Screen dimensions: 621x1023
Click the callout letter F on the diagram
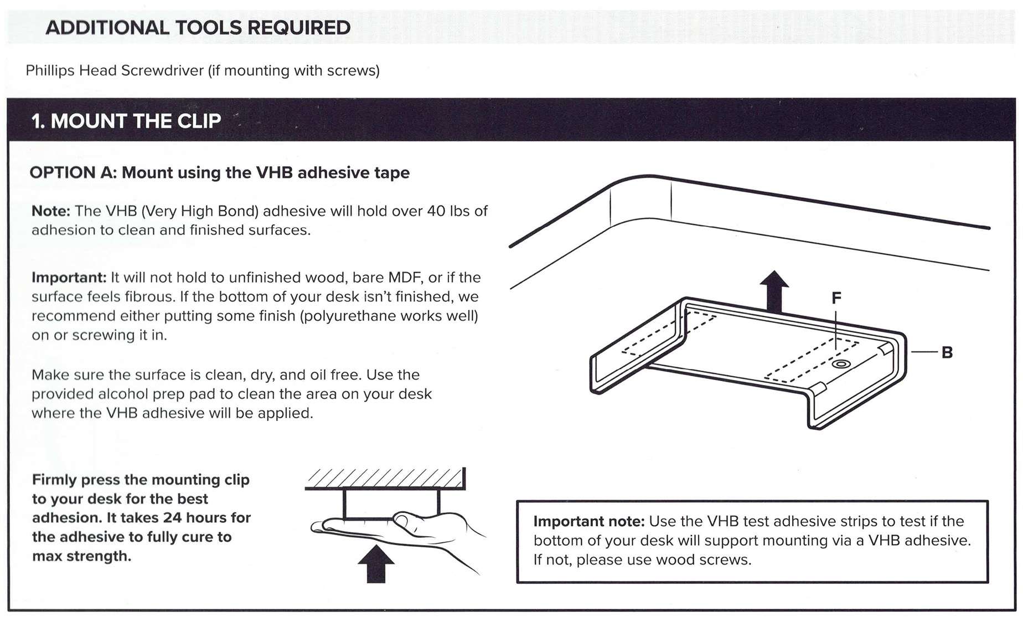(836, 298)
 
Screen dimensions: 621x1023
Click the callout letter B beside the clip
(947, 352)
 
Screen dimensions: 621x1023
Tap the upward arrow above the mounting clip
(774, 291)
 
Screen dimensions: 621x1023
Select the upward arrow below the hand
(376, 563)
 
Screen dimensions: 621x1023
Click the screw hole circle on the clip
(841, 364)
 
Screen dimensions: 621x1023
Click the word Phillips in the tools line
(50, 71)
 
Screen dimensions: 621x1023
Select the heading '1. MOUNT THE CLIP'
(126, 121)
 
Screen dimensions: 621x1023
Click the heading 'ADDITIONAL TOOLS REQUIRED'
(198, 28)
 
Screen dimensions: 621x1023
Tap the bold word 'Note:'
(51, 211)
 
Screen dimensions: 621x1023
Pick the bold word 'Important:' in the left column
(69, 278)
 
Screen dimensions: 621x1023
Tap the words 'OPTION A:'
(73, 173)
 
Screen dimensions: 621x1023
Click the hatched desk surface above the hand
(384, 478)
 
